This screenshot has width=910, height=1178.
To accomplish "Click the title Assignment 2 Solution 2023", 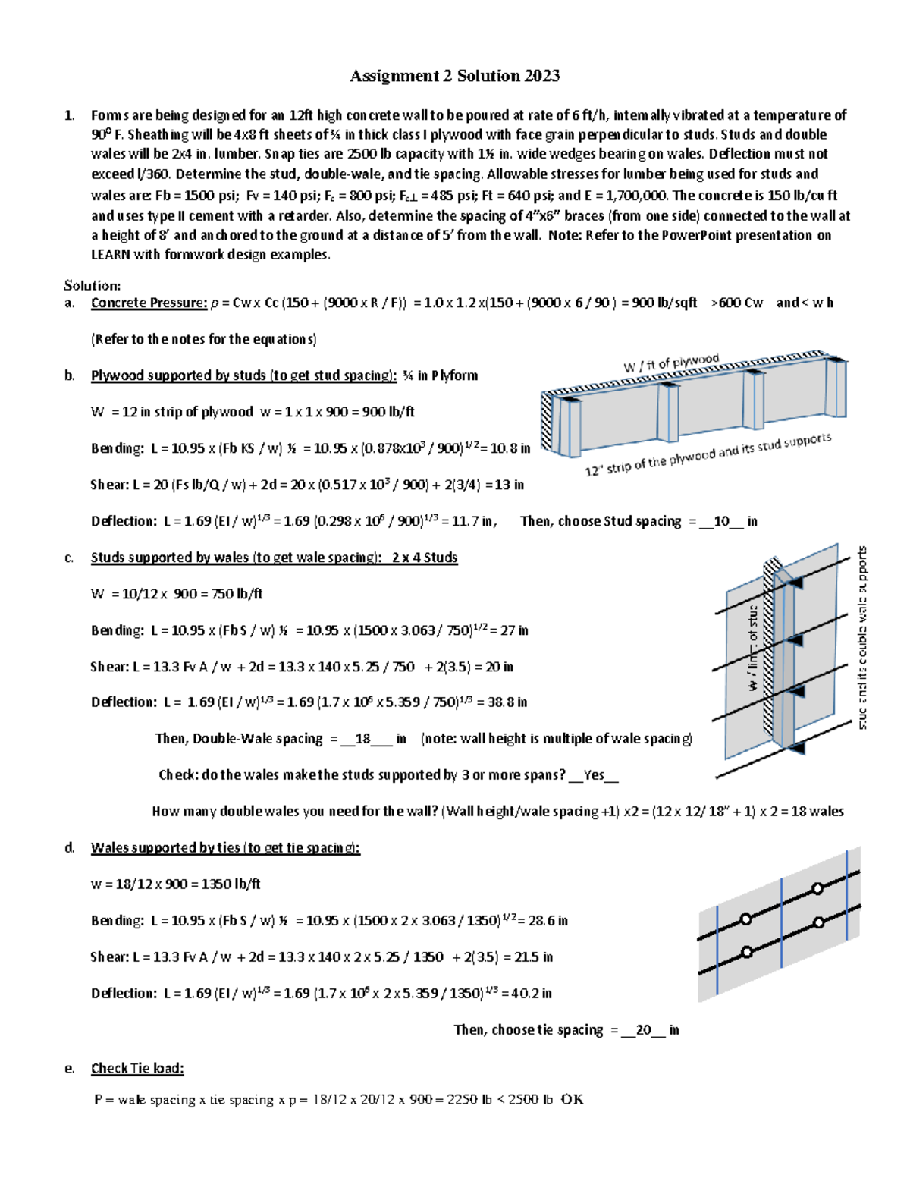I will point(454,76).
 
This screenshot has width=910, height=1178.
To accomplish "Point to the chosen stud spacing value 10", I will point(721,521).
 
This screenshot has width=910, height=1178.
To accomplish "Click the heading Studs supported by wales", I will point(274,558).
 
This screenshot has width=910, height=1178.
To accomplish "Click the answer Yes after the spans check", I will point(594,775).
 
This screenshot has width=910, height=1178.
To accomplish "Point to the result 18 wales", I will point(817,812).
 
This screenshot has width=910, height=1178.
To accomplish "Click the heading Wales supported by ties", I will point(225,848).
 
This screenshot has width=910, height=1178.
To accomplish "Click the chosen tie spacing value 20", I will point(644,1030).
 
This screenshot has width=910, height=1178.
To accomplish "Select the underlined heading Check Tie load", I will point(137,1069).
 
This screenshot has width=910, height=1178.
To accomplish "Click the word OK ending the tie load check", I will point(572,1100).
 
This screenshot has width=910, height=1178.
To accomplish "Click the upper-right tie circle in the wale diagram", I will point(817,888).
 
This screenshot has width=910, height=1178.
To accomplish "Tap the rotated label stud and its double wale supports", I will point(862,637).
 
